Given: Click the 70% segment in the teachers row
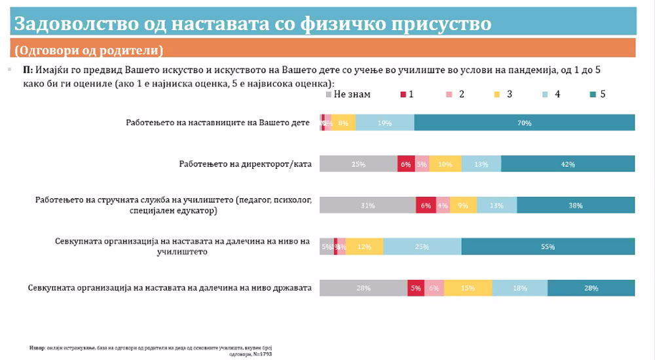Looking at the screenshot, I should [x=524, y=122].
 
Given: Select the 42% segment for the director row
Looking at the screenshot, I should [x=568, y=164].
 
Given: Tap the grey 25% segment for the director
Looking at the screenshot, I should [x=358, y=164].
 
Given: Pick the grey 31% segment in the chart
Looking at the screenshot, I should [x=367, y=205].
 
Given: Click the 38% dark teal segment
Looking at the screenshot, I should [x=576, y=205].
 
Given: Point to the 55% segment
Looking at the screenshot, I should [x=548, y=246].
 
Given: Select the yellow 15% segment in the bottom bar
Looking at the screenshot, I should [x=468, y=287].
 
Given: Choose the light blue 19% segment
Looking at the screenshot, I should [x=385, y=122].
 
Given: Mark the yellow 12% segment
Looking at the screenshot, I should [x=364, y=246].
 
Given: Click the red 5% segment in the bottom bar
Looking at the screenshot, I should [x=415, y=287].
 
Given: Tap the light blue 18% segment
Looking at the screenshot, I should [x=520, y=287].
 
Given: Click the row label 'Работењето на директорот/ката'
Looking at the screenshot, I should [x=244, y=164].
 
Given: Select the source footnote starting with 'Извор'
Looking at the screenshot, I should [x=151, y=350].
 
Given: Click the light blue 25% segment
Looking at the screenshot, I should [x=422, y=246].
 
